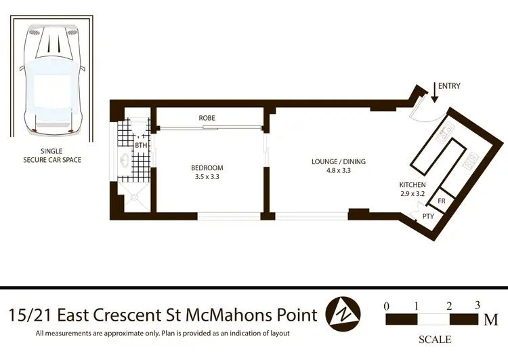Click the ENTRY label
450,86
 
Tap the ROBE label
207,118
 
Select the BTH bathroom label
141,145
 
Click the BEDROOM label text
207,167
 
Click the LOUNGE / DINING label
339,161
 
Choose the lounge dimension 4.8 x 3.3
339,171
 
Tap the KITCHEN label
412,185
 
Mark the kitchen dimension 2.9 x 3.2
412,194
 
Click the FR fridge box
441,201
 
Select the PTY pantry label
428,216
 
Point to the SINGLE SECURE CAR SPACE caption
52,155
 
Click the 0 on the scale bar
387,306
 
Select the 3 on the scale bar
478,304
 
